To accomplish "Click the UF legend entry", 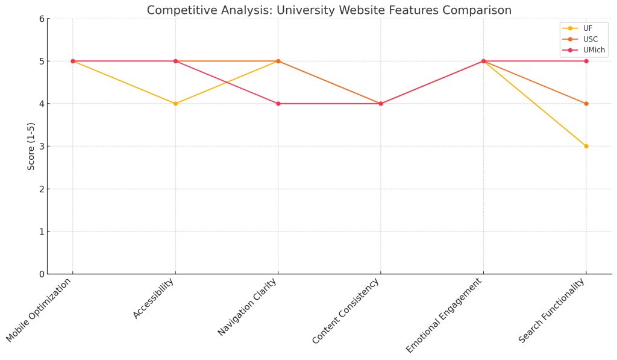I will pos(587,28).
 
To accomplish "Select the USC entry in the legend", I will pos(590,39).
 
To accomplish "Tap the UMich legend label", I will pos(594,50).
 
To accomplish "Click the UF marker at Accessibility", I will pos(175,104).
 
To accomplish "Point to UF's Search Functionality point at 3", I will pos(586,146).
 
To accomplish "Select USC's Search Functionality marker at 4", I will pos(586,104).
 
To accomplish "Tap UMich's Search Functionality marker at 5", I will pos(586,61).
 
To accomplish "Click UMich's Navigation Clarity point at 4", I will pos(278,104).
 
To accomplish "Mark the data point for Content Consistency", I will pos(381,104).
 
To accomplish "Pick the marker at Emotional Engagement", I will pos(483,61).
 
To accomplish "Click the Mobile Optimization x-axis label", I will pos(40,310).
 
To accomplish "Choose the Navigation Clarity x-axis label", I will pos(248,307).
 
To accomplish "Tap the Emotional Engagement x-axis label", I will pos(445,315).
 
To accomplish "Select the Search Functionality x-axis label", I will pos(552,311).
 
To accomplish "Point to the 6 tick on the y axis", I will pos(42,19).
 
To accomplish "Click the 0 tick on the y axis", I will pos(42,274).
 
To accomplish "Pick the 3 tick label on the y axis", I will pos(42,147).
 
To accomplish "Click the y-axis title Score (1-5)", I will pos(31,146).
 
